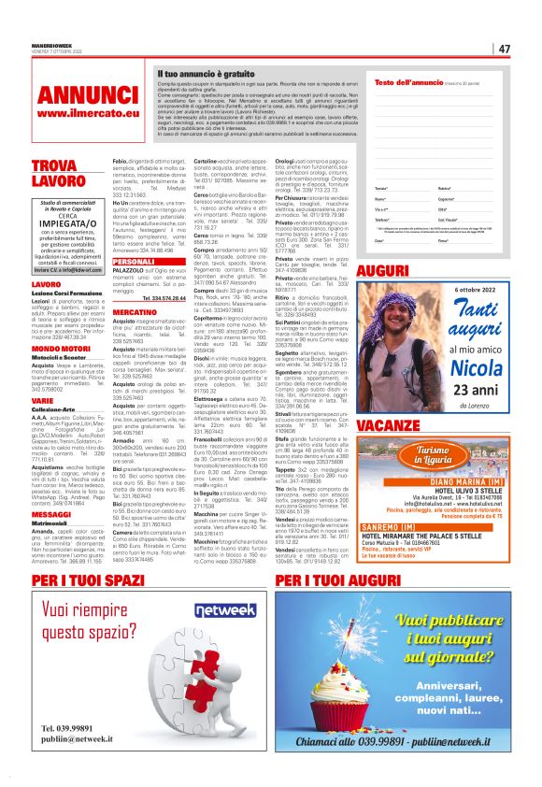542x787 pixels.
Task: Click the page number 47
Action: [504, 49]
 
